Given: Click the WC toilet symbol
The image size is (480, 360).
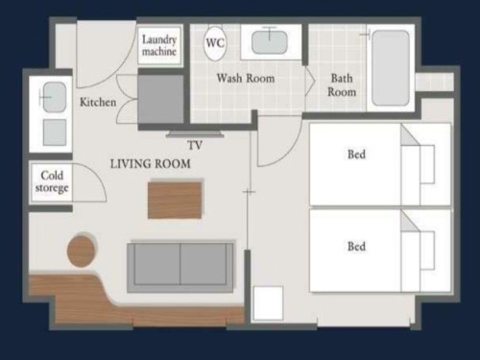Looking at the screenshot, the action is click(215, 43).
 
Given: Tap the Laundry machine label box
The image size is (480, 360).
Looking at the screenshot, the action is click(159, 46).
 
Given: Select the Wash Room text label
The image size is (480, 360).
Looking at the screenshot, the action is click(246, 79).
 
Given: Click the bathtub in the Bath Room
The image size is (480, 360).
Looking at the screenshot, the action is click(391, 68).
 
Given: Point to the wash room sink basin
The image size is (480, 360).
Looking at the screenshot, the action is click(270, 42).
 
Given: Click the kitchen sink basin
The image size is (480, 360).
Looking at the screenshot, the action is click(55, 97).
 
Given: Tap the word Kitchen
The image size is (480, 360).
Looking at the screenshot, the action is click(98, 103).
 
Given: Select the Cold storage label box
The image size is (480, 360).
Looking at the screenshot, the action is click(52, 181).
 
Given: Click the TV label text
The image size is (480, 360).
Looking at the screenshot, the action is click(195, 146).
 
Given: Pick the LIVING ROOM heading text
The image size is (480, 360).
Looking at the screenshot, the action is click(151, 164).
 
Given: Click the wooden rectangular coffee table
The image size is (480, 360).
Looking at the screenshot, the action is click(175, 201).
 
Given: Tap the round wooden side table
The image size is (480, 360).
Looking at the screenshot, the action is click(82, 252).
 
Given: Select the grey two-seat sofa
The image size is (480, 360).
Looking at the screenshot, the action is click(180, 266).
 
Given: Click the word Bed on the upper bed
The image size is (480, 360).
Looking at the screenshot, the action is click(356, 155).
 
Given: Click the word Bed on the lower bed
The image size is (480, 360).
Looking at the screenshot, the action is click(356, 247).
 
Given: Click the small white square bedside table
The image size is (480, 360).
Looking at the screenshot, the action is click(268, 303).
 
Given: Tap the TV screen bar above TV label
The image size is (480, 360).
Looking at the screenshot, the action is click(195, 134).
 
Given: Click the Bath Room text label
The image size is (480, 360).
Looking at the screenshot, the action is click(342, 85).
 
